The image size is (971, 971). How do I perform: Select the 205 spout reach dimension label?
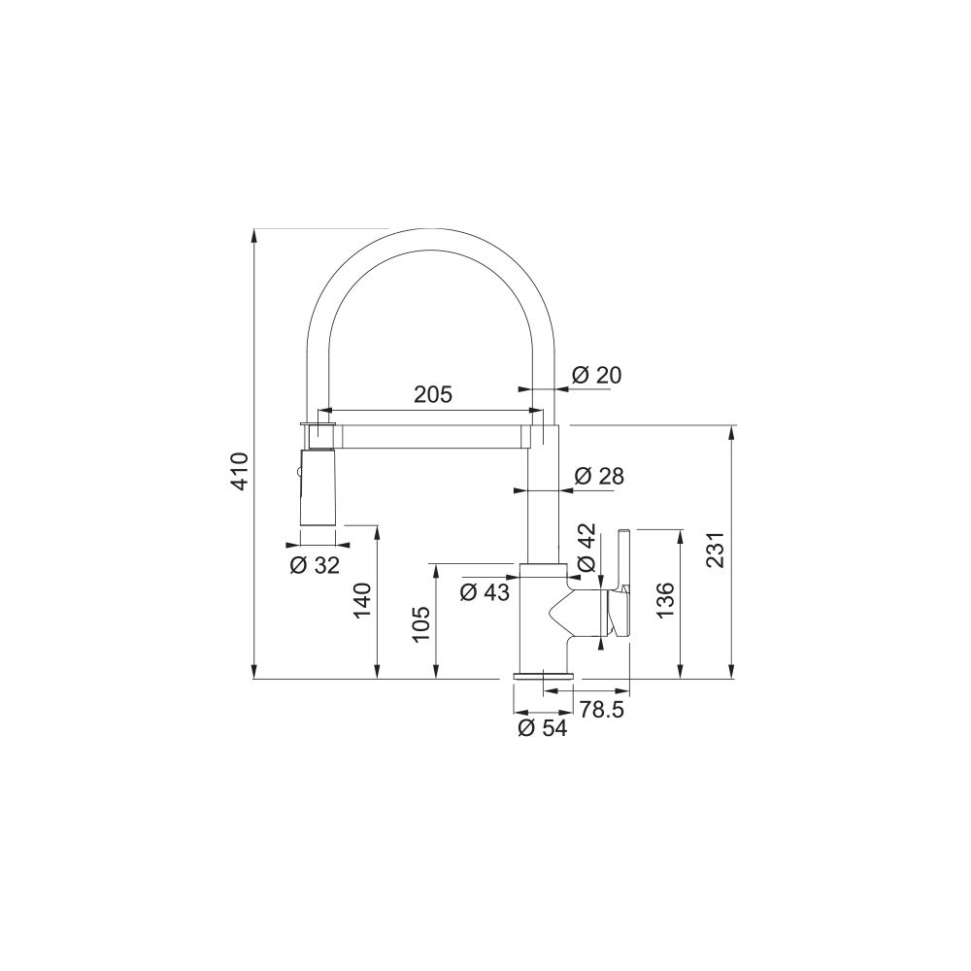point(433,394)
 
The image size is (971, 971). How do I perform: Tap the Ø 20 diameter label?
point(596,375)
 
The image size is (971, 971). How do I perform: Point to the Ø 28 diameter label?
point(599,476)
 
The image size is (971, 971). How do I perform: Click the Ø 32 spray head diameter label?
point(316,565)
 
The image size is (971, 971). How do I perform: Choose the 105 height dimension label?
point(420,624)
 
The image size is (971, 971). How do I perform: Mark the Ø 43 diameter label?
point(485,592)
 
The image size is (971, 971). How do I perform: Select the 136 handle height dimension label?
point(666,600)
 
